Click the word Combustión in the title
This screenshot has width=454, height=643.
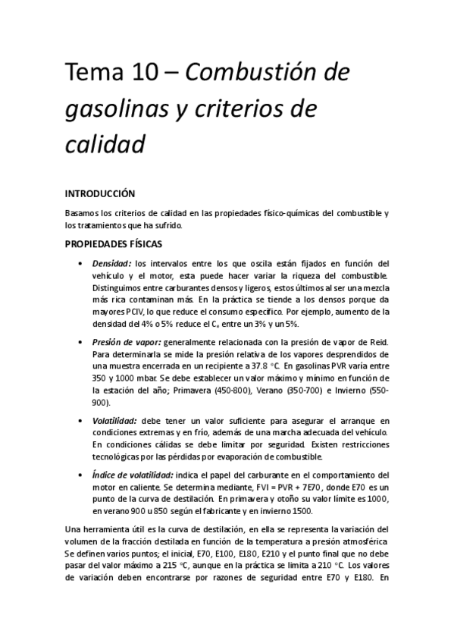(x=244, y=74)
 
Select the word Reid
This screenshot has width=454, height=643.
(x=380, y=342)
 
